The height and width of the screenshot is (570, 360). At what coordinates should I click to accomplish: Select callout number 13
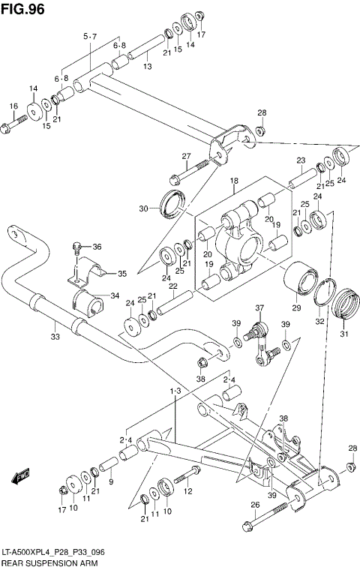[x=148, y=67]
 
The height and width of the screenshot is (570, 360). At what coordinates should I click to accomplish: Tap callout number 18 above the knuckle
[x=234, y=181]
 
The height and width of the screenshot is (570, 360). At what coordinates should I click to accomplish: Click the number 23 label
[x=301, y=160]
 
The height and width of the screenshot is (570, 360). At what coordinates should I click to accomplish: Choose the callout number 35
[x=122, y=274]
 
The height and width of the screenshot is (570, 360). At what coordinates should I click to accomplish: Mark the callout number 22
[x=172, y=286]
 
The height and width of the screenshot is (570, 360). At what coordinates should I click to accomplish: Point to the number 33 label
[x=55, y=337]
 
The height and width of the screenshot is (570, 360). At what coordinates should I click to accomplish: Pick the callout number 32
[x=319, y=321]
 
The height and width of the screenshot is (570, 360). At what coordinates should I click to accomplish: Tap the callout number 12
[x=189, y=491]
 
